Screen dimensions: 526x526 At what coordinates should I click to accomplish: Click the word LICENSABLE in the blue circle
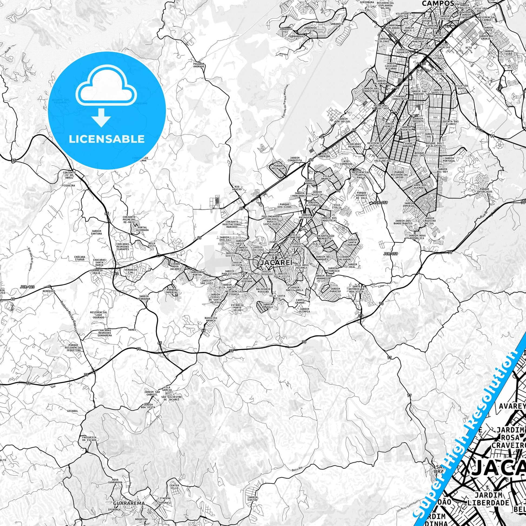106,139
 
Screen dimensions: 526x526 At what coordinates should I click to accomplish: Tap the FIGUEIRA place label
68,185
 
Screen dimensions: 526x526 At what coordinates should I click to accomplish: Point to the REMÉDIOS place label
49,291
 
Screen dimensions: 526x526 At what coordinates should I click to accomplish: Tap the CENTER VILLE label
174,486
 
